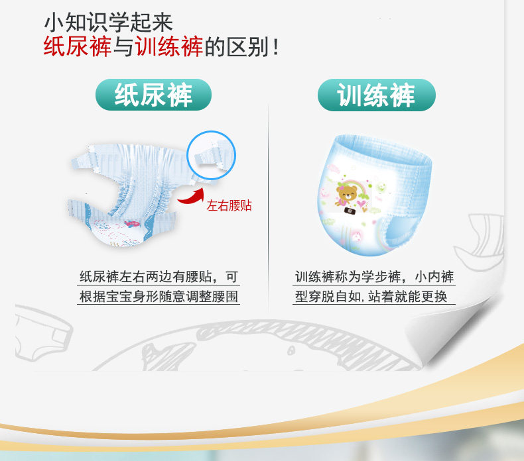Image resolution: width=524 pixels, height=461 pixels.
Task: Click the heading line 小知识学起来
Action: click(x=109, y=23)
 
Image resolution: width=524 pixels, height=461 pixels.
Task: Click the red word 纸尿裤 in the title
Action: click(x=77, y=46)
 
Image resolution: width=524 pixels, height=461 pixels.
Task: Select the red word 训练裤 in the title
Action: click(x=169, y=46)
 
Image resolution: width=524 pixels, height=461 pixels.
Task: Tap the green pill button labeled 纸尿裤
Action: click(x=153, y=95)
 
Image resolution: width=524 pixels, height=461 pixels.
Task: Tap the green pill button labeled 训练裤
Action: click(x=377, y=95)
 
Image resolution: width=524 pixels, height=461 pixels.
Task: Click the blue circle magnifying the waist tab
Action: click(x=211, y=132)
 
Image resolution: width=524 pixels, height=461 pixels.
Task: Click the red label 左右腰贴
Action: click(x=229, y=205)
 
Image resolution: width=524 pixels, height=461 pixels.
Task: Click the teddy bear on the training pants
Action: click(x=346, y=196)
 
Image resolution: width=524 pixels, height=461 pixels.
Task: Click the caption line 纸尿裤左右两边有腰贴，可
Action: click(x=159, y=277)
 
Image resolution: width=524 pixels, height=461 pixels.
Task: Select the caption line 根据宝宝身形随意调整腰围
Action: click(x=159, y=297)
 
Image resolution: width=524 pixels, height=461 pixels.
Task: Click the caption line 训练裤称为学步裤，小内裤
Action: click(x=374, y=277)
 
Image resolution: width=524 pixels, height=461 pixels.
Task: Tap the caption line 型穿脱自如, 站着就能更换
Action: click(x=371, y=297)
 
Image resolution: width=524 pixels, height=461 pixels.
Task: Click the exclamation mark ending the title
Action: click(x=276, y=47)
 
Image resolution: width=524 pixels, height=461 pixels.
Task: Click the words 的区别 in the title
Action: click(x=237, y=47)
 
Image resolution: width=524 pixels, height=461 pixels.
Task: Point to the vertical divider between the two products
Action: click(x=268, y=207)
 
